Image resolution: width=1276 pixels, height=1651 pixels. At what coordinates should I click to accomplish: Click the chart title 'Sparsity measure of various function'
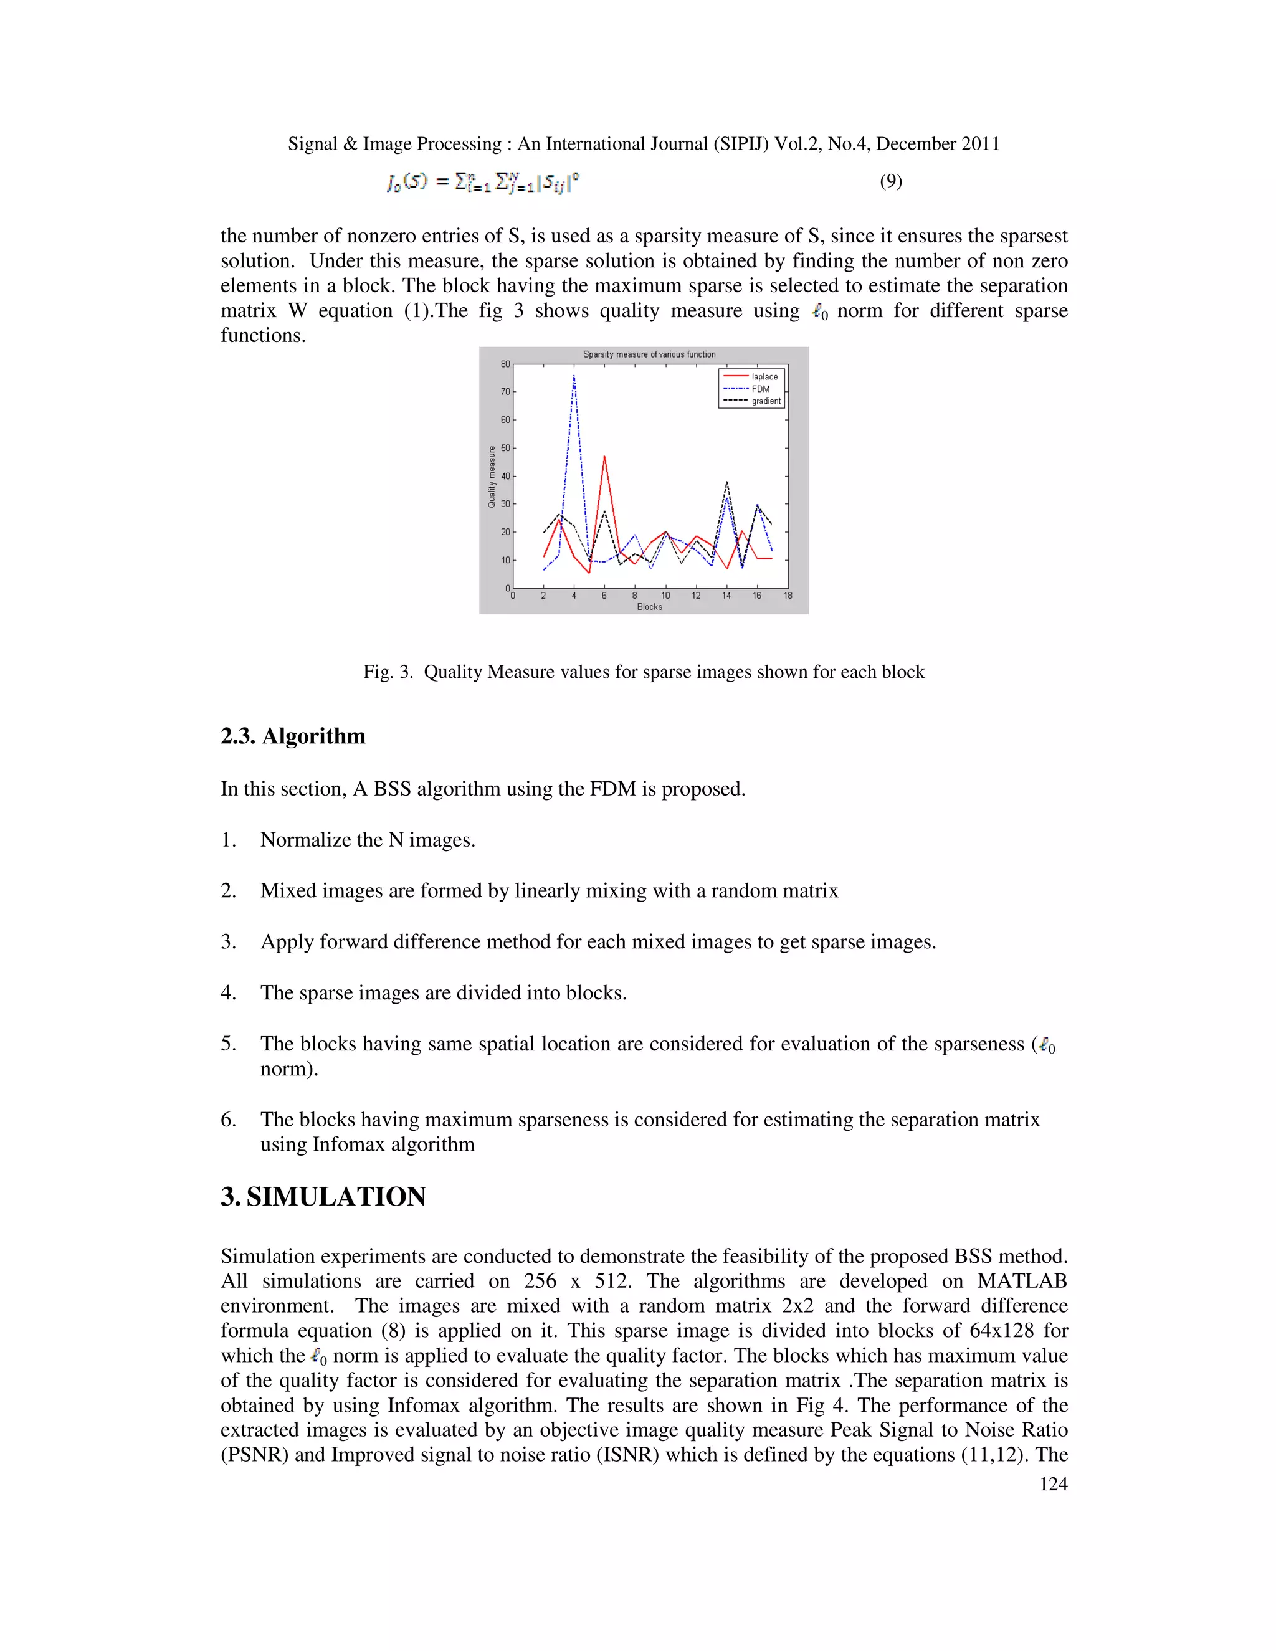pos(649,354)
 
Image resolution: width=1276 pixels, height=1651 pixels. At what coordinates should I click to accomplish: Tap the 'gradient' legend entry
pos(765,401)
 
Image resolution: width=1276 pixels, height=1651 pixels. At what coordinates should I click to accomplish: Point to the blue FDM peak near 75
pos(574,376)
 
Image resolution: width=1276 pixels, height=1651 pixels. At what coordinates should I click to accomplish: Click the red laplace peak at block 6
pos(604,457)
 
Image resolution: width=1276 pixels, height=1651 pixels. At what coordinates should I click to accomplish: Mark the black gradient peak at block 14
pos(726,482)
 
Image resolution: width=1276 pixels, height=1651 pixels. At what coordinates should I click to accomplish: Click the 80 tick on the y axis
pos(505,364)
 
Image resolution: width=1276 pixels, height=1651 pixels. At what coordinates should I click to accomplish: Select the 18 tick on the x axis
pos(788,596)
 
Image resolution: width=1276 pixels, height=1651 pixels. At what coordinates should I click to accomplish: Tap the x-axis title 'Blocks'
pos(649,606)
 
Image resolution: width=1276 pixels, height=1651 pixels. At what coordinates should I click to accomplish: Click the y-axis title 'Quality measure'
pos(492,476)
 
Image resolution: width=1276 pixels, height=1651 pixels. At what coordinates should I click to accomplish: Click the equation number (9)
pos(890,181)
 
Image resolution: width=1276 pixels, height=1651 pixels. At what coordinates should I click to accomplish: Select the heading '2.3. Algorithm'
pos(293,736)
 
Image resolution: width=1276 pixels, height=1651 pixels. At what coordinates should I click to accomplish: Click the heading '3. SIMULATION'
pos(323,1197)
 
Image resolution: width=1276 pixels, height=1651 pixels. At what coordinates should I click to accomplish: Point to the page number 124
pos(1052,1484)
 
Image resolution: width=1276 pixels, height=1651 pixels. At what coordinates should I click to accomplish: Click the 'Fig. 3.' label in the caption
pos(388,672)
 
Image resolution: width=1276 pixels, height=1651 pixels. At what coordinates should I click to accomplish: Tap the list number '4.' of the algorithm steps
pos(228,992)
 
